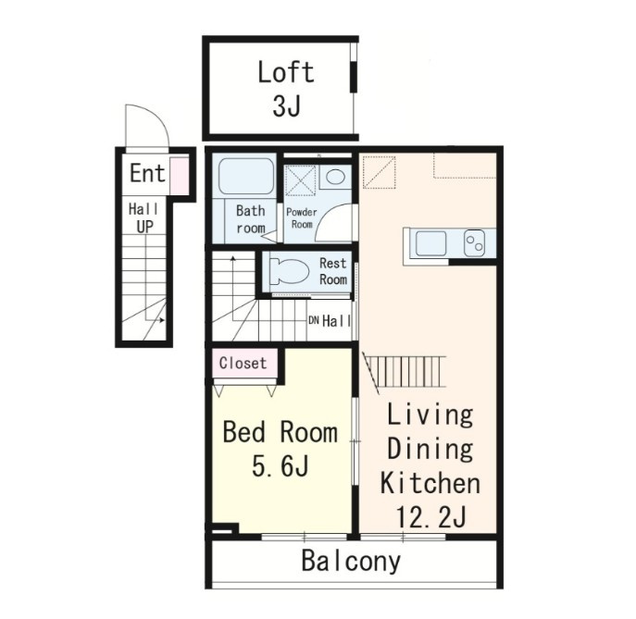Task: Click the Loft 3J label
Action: coord(286,89)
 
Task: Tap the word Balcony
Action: coord(351,563)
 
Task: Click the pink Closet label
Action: coord(243,363)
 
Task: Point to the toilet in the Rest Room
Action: coord(289,271)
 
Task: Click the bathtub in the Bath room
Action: coord(246,176)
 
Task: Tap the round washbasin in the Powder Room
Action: coord(335,177)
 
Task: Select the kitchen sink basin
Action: coord(430,243)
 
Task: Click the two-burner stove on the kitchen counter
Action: coord(474,243)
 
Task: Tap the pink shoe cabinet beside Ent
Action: coord(180,176)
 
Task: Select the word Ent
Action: coord(147,174)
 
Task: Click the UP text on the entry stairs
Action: coord(144,227)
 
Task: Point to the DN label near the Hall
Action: coord(314,321)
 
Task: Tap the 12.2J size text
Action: coord(430,516)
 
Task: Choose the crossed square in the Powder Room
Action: coord(300,180)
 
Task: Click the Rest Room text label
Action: coord(333,271)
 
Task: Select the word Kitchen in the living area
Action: coord(430,482)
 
